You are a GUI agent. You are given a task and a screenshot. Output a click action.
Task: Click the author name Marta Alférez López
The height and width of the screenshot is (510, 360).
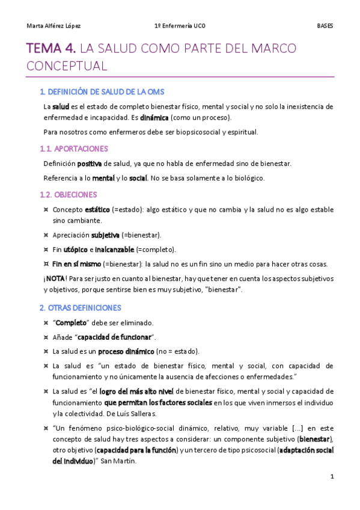point(54,26)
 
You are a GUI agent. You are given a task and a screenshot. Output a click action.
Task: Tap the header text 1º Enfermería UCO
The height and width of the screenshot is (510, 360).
point(180,26)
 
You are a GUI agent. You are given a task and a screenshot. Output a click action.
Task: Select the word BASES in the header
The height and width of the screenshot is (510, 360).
point(325,26)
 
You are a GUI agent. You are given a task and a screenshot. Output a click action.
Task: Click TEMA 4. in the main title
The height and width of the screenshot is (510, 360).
point(52,48)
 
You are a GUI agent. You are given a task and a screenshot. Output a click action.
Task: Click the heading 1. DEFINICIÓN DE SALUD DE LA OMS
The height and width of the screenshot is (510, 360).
point(102,92)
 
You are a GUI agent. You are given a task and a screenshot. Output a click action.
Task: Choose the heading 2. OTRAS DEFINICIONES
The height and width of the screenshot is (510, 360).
point(80,308)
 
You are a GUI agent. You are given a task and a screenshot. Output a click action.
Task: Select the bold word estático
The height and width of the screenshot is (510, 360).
point(97,210)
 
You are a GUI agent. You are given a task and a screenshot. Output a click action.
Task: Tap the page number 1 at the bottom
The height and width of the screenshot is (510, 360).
point(331,477)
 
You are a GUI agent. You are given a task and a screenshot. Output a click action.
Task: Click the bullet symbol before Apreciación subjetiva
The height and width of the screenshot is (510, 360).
point(46,235)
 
